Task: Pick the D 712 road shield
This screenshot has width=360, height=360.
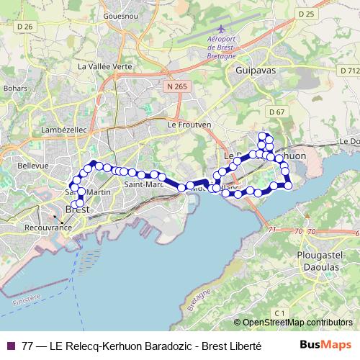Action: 348,71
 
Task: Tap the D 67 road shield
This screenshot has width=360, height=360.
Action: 277,112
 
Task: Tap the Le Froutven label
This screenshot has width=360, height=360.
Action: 189,124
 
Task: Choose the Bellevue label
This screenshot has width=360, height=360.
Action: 32,165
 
